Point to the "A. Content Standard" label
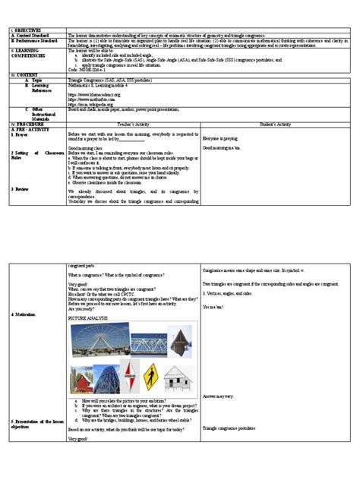tap(33, 35)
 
